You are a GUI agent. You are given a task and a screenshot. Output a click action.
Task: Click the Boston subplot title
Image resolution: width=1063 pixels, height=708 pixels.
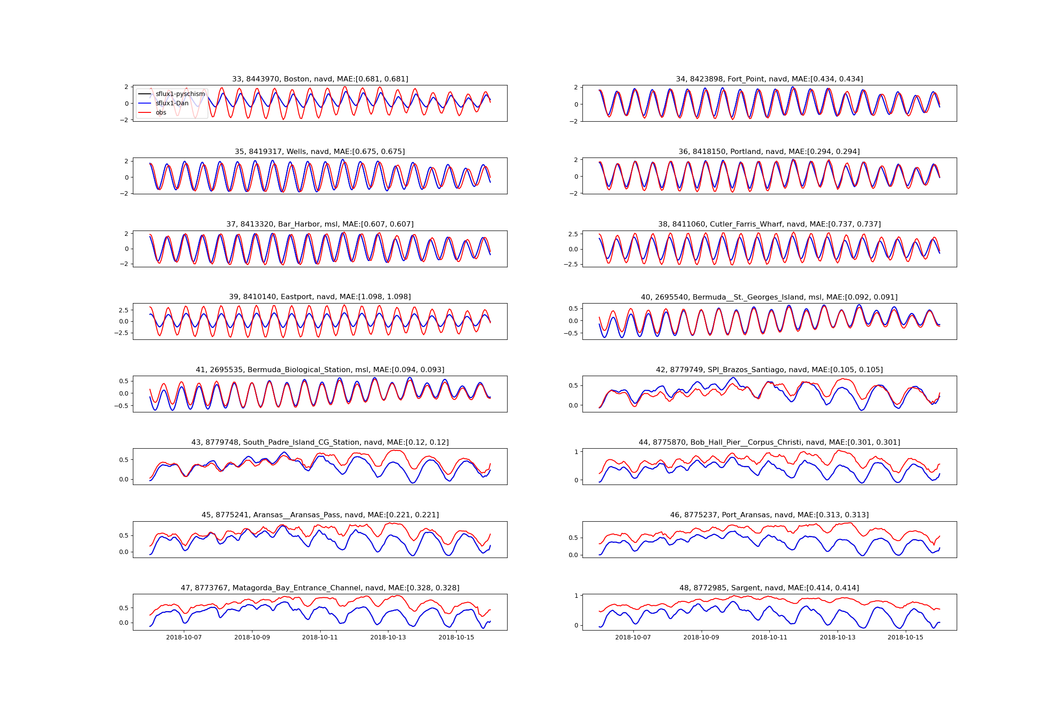click(320, 79)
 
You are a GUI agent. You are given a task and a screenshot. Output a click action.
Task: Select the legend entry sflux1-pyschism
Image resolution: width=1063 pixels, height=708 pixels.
click(180, 94)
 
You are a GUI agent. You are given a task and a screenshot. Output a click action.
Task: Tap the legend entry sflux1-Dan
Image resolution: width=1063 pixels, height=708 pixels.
click(172, 104)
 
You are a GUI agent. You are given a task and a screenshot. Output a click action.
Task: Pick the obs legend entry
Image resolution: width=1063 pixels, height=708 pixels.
click(161, 113)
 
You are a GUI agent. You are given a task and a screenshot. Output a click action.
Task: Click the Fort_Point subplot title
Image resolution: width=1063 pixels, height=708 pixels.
click(769, 79)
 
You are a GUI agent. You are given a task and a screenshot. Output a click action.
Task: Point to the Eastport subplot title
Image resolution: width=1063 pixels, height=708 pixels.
click(320, 296)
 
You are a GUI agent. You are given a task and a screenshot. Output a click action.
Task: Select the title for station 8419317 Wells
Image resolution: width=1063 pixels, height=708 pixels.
click(320, 152)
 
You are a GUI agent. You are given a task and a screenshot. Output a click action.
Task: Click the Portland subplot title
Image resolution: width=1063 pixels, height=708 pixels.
click(769, 152)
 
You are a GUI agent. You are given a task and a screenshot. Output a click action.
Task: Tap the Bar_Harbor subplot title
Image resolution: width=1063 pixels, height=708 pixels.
click(320, 224)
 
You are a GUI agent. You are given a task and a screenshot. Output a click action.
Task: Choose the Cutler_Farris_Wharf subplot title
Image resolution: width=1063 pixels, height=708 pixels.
click(769, 224)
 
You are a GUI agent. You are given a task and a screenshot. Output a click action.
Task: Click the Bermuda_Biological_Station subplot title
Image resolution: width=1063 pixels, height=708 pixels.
click(320, 370)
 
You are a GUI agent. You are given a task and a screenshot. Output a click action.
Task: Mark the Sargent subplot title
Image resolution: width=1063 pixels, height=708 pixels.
click(769, 588)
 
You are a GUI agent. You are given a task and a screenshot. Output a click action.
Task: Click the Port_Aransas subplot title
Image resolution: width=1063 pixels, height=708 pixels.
click(769, 515)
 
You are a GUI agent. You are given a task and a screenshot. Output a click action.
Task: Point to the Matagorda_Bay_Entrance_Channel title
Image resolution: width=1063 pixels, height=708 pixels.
click(320, 588)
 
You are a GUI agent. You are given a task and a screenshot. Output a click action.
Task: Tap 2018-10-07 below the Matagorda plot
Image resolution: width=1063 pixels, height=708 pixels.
click(184, 638)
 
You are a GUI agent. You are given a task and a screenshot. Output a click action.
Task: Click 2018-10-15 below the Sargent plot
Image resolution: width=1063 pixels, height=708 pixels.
click(905, 638)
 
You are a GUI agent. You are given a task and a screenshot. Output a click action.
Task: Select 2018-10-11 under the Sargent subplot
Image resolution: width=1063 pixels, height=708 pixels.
click(769, 638)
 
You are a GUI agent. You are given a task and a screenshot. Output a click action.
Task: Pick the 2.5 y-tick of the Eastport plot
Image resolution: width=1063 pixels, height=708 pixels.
click(124, 310)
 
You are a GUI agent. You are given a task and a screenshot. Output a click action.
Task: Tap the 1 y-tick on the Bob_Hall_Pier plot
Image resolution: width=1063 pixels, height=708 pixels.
click(576, 452)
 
